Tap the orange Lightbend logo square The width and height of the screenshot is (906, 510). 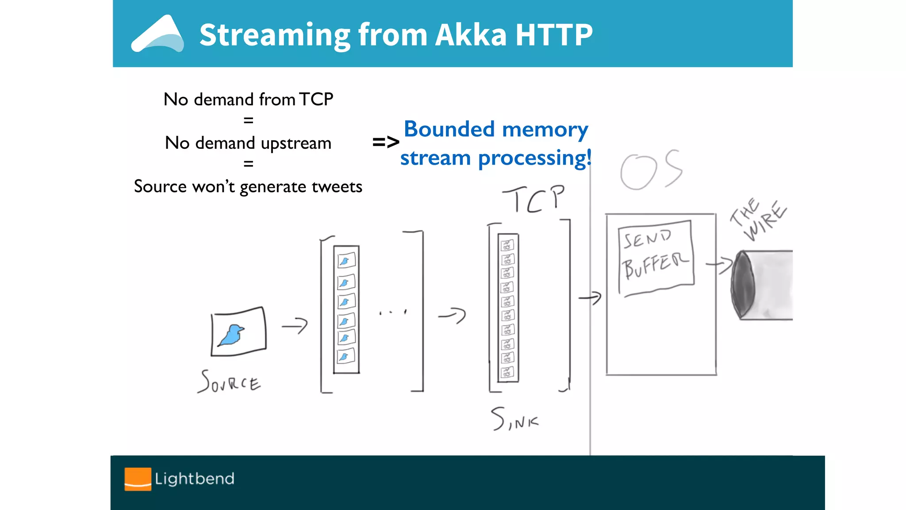pyautogui.click(x=138, y=479)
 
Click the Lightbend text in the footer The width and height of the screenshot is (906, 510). pyautogui.click(x=195, y=479)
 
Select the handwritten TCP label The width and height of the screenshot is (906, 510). pyautogui.click(x=534, y=199)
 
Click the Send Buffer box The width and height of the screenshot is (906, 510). pyautogui.click(x=656, y=257)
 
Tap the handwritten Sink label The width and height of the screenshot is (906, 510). pyautogui.click(x=514, y=419)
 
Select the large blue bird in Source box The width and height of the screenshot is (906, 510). pyautogui.click(x=232, y=334)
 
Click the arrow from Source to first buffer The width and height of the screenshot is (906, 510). pyautogui.click(x=295, y=326)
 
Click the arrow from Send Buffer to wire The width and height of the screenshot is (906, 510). pyautogui.click(x=720, y=265)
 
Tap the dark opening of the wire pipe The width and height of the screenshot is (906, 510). pyautogui.click(x=743, y=284)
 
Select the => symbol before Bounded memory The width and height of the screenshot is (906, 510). pyautogui.click(x=386, y=143)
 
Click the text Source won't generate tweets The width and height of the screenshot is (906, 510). pyautogui.click(x=248, y=186)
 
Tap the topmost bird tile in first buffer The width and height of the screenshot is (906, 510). pyautogui.click(x=346, y=261)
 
